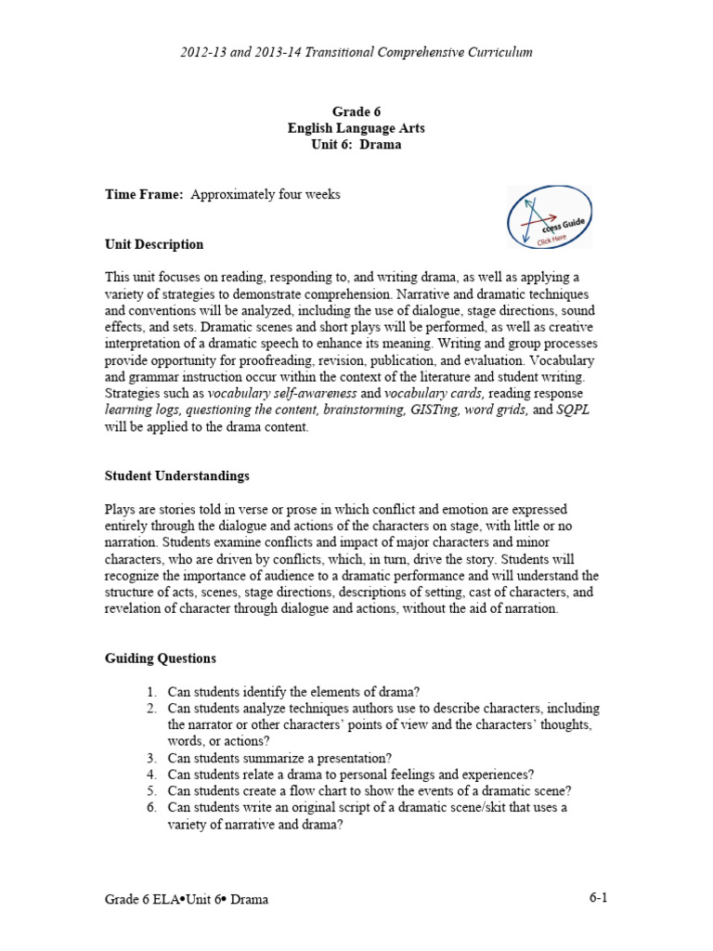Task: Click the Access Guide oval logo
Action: tap(550, 217)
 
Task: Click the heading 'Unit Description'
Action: tap(154, 245)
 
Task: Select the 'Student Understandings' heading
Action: tap(176, 476)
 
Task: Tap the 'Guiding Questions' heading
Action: tap(160, 658)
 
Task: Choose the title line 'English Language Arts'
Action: tap(356, 129)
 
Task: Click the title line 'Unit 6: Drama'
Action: tap(356, 146)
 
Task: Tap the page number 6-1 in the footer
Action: tap(598, 897)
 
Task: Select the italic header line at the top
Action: tap(356, 52)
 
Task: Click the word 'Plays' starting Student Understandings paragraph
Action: tap(120, 510)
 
